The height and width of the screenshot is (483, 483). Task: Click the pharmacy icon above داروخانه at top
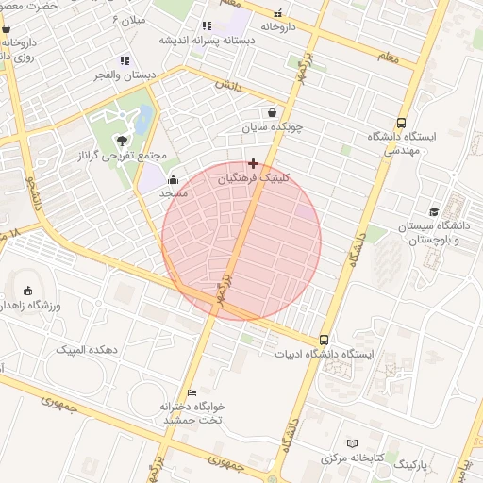[278, 13]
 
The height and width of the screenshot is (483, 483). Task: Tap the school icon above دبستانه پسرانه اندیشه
[207, 26]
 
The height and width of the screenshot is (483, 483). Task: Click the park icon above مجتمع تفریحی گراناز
[119, 141]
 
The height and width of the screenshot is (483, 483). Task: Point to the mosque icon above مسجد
[173, 180]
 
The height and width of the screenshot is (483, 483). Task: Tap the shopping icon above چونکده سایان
[272, 112]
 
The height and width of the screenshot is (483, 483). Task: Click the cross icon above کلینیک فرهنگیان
[253, 163]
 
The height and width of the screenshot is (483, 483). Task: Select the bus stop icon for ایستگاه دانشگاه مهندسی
[402, 123]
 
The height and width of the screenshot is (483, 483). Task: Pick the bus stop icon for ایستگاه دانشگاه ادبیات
[324, 340]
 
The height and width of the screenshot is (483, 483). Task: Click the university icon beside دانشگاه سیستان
[433, 211]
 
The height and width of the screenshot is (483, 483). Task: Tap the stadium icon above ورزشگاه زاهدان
[27, 291]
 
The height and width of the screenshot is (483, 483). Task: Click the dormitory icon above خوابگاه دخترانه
[192, 392]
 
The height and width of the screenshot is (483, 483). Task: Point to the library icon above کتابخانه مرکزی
[352, 442]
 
